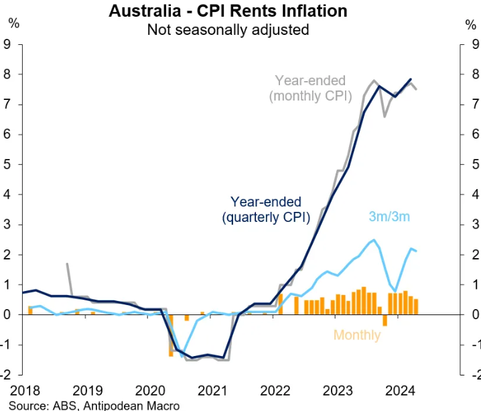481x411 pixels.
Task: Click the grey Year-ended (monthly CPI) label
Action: (310, 88)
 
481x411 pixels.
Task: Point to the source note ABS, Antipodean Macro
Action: (94, 405)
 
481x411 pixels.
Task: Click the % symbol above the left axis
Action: (13, 24)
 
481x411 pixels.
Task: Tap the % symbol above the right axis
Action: (470, 24)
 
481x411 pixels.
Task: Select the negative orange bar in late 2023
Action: (385, 320)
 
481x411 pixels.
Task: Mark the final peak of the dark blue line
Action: (410, 79)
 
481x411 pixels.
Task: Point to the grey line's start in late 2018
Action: (67, 264)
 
